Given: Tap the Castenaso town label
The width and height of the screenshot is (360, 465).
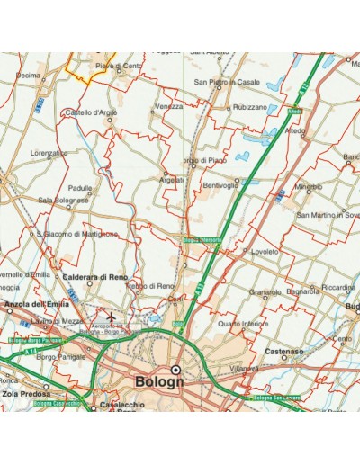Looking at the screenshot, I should click(283, 351).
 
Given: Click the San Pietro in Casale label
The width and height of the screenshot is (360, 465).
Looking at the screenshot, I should click(221, 82).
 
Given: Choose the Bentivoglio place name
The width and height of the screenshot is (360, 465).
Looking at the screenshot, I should click(220, 185).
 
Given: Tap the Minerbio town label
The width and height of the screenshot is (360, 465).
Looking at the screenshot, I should click(309, 187).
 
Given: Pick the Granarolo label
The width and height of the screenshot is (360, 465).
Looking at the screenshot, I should click(265, 292).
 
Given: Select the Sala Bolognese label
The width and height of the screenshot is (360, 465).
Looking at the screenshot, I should click(63, 200).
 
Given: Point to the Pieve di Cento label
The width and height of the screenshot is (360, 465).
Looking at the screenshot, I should click(118, 66).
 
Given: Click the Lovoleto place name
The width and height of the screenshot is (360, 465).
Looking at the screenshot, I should click(266, 252).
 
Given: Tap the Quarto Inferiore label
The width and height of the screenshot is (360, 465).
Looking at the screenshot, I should click(243, 323).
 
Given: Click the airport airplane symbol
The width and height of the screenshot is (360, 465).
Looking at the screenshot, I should click(111, 318).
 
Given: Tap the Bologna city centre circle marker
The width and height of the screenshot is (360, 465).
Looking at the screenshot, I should click(176, 369).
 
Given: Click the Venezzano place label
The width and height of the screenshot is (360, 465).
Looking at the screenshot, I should click(169, 106).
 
